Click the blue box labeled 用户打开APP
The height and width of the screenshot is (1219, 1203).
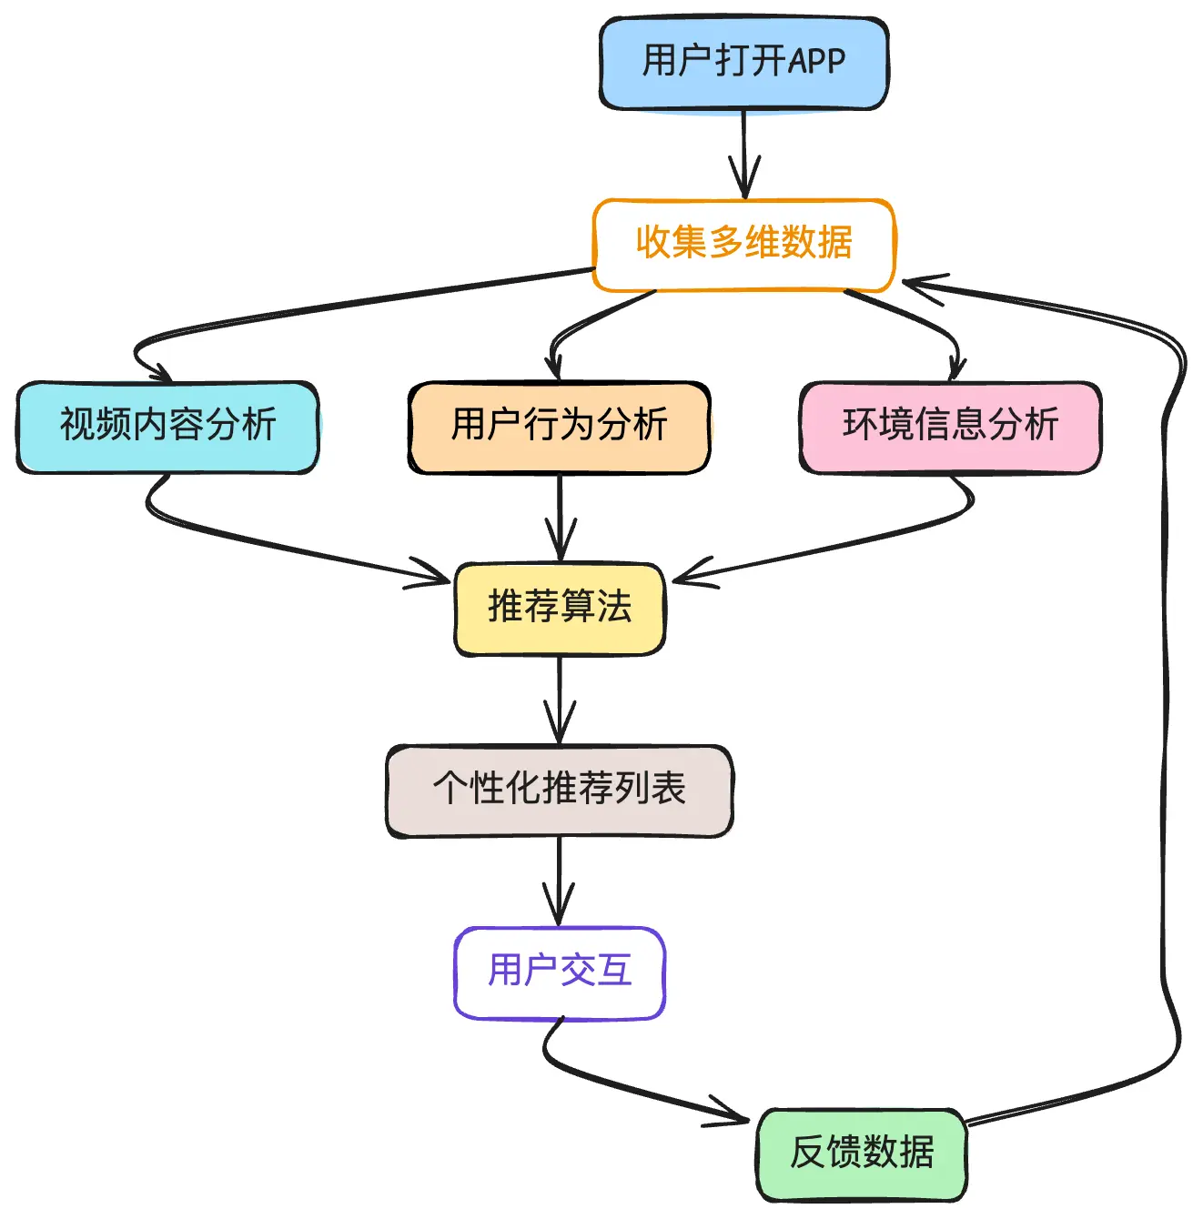coord(743,63)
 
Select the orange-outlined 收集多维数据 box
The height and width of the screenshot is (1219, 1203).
coord(743,244)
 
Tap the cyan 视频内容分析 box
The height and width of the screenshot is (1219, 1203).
coord(167,426)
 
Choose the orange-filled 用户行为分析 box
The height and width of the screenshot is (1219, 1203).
coord(559,426)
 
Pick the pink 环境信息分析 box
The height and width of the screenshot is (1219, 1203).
coord(950,426)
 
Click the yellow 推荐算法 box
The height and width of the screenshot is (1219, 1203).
coord(559,608)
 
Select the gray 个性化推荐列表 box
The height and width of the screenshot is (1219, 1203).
coord(559,790)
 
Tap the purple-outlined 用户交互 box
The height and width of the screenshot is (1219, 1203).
coord(559,972)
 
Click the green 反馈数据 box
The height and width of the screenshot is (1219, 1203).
coord(861,1154)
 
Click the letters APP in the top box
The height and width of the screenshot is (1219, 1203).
coord(816,61)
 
